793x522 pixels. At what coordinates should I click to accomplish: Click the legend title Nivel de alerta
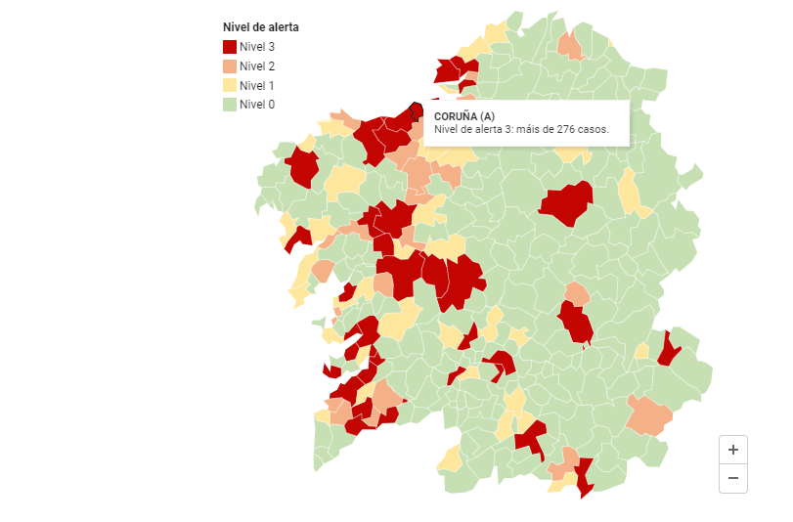point(261,27)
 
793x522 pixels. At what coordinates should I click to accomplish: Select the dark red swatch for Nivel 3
point(230,47)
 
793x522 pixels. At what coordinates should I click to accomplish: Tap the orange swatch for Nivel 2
point(230,66)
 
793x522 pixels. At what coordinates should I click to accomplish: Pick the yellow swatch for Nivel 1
point(230,85)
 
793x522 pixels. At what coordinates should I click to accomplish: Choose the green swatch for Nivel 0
point(230,105)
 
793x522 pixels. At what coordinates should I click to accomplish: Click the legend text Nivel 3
point(257,47)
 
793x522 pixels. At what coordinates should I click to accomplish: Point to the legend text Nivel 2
point(257,66)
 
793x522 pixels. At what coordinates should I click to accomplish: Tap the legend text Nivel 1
point(257,85)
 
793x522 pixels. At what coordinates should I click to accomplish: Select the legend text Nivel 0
point(257,105)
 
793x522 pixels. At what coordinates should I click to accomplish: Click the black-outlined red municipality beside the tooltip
point(416,113)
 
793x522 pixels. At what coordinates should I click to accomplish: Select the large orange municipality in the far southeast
point(649,415)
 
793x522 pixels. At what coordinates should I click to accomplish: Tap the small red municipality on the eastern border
point(669,350)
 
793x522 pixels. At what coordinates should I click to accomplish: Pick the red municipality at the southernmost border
point(585,478)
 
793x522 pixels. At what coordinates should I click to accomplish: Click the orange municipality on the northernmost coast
point(568,45)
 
